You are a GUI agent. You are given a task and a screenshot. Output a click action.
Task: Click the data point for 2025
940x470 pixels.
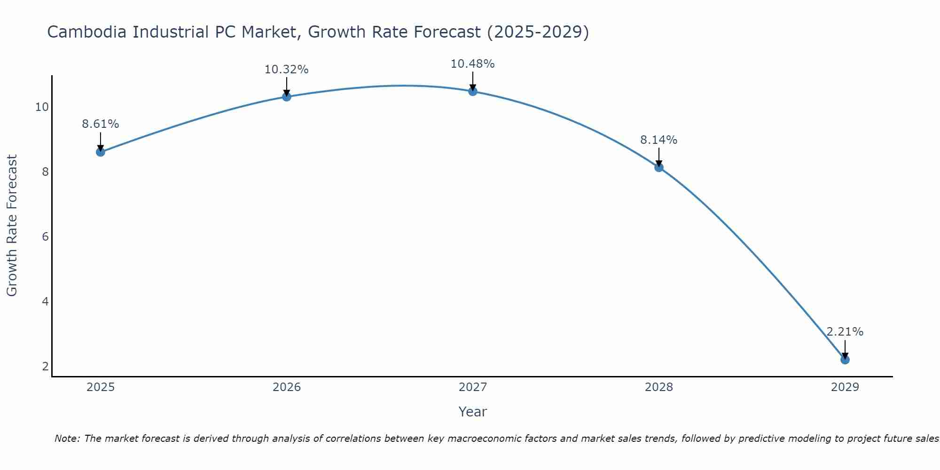pyautogui.click(x=101, y=152)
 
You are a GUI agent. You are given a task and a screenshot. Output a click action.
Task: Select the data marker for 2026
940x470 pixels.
pyautogui.click(x=287, y=96)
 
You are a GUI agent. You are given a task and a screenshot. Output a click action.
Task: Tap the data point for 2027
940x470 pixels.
pyautogui.click(x=473, y=91)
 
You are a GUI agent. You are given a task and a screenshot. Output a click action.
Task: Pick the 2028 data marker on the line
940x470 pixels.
pyautogui.click(x=659, y=167)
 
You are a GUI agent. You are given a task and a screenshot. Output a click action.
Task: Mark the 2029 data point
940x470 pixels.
pyautogui.click(x=845, y=360)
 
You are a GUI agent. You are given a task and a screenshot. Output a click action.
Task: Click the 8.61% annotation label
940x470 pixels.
pyautogui.click(x=101, y=124)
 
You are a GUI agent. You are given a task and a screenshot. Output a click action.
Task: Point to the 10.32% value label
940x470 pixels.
pyautogui.click(x=287, y=70)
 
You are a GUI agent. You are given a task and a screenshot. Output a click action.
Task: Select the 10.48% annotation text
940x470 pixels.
pyautogui.click(x=473, y=64)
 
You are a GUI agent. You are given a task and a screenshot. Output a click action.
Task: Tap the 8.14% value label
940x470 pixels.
pyautogui.click(x=659, y=140)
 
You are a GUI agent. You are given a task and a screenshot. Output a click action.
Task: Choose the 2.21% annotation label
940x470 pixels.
pyautogui.click(x=845, y=332)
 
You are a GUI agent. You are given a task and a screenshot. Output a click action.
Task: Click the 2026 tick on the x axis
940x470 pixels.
pyautogui.click(x=287, y=387)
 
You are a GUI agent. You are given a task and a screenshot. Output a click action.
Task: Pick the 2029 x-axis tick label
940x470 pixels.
pyautogui.click(x=845, y=387)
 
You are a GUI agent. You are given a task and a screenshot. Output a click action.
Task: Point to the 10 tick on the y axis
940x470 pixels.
pyautogui.click(x=42, y=107)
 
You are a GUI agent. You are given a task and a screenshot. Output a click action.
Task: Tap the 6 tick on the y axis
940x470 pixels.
pyautogui.click(x=45, y=237)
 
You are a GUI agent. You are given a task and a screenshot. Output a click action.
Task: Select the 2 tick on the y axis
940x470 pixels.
pyautogui.click(x=45, y=367)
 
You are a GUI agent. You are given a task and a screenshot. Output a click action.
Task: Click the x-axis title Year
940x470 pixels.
pyautogui.click(x=473, y=412)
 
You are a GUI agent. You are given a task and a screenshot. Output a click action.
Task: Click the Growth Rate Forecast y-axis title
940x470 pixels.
pyautogui.click(x=12, y=226)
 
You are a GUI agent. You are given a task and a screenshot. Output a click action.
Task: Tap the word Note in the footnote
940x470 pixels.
pyautogui.click(x=68, y=439)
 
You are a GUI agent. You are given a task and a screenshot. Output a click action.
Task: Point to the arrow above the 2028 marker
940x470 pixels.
pyautogui.click(x=659, y=157)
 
